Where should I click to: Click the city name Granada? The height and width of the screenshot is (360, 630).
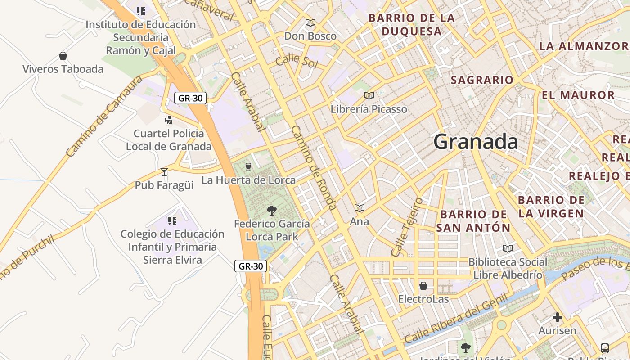[476, 142]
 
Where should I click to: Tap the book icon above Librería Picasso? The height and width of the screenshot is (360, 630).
[369, 95]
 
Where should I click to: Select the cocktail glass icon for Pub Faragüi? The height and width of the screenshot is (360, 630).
[164, 171]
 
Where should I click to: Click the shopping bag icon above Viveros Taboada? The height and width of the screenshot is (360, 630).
[63, 56]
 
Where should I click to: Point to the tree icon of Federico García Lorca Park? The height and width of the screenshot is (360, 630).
[271, 210]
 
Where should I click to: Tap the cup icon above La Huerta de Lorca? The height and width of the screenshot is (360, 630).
[248, 167]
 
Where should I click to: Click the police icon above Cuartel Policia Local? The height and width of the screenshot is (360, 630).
[169, 120]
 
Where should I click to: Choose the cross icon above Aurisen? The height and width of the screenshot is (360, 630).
[558, 317]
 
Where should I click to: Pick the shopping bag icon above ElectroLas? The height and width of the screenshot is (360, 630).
[423, 286]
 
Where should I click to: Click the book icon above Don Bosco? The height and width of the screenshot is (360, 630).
[310, 22]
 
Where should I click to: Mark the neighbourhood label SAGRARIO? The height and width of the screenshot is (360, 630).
[482, 80]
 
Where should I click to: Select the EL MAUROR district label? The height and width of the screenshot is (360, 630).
[578, 95]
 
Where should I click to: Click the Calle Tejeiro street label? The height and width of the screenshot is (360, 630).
[407, 227]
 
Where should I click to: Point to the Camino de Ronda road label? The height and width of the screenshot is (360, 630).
[314, 167]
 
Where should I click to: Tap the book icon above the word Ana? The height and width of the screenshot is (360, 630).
[359, 208]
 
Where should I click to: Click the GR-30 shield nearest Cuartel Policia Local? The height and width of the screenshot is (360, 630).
[190, 98]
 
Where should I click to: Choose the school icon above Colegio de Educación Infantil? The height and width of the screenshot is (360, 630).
[172, 220]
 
